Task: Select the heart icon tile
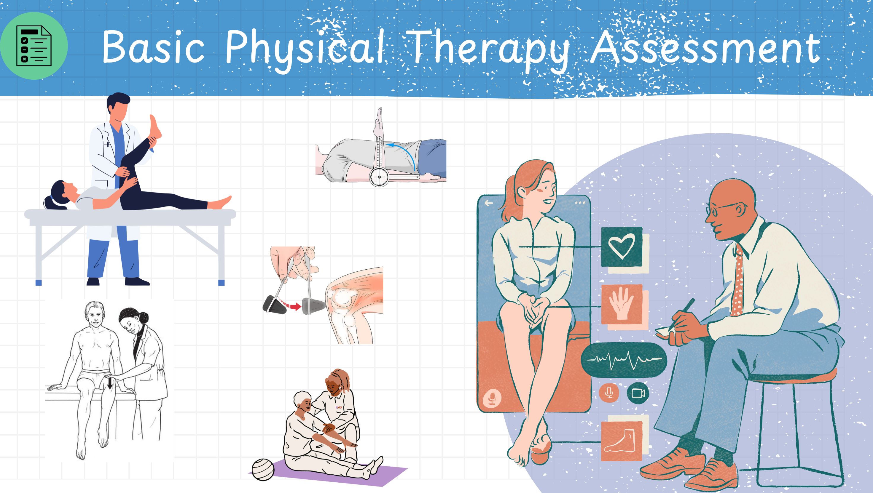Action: point(622,247)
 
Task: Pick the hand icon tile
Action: point(622,304)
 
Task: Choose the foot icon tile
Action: point(622,441)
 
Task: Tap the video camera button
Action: point(638,393)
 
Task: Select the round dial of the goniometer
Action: point(379,176)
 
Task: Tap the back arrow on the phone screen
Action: point(489,203)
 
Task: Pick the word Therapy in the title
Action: point(488,51)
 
